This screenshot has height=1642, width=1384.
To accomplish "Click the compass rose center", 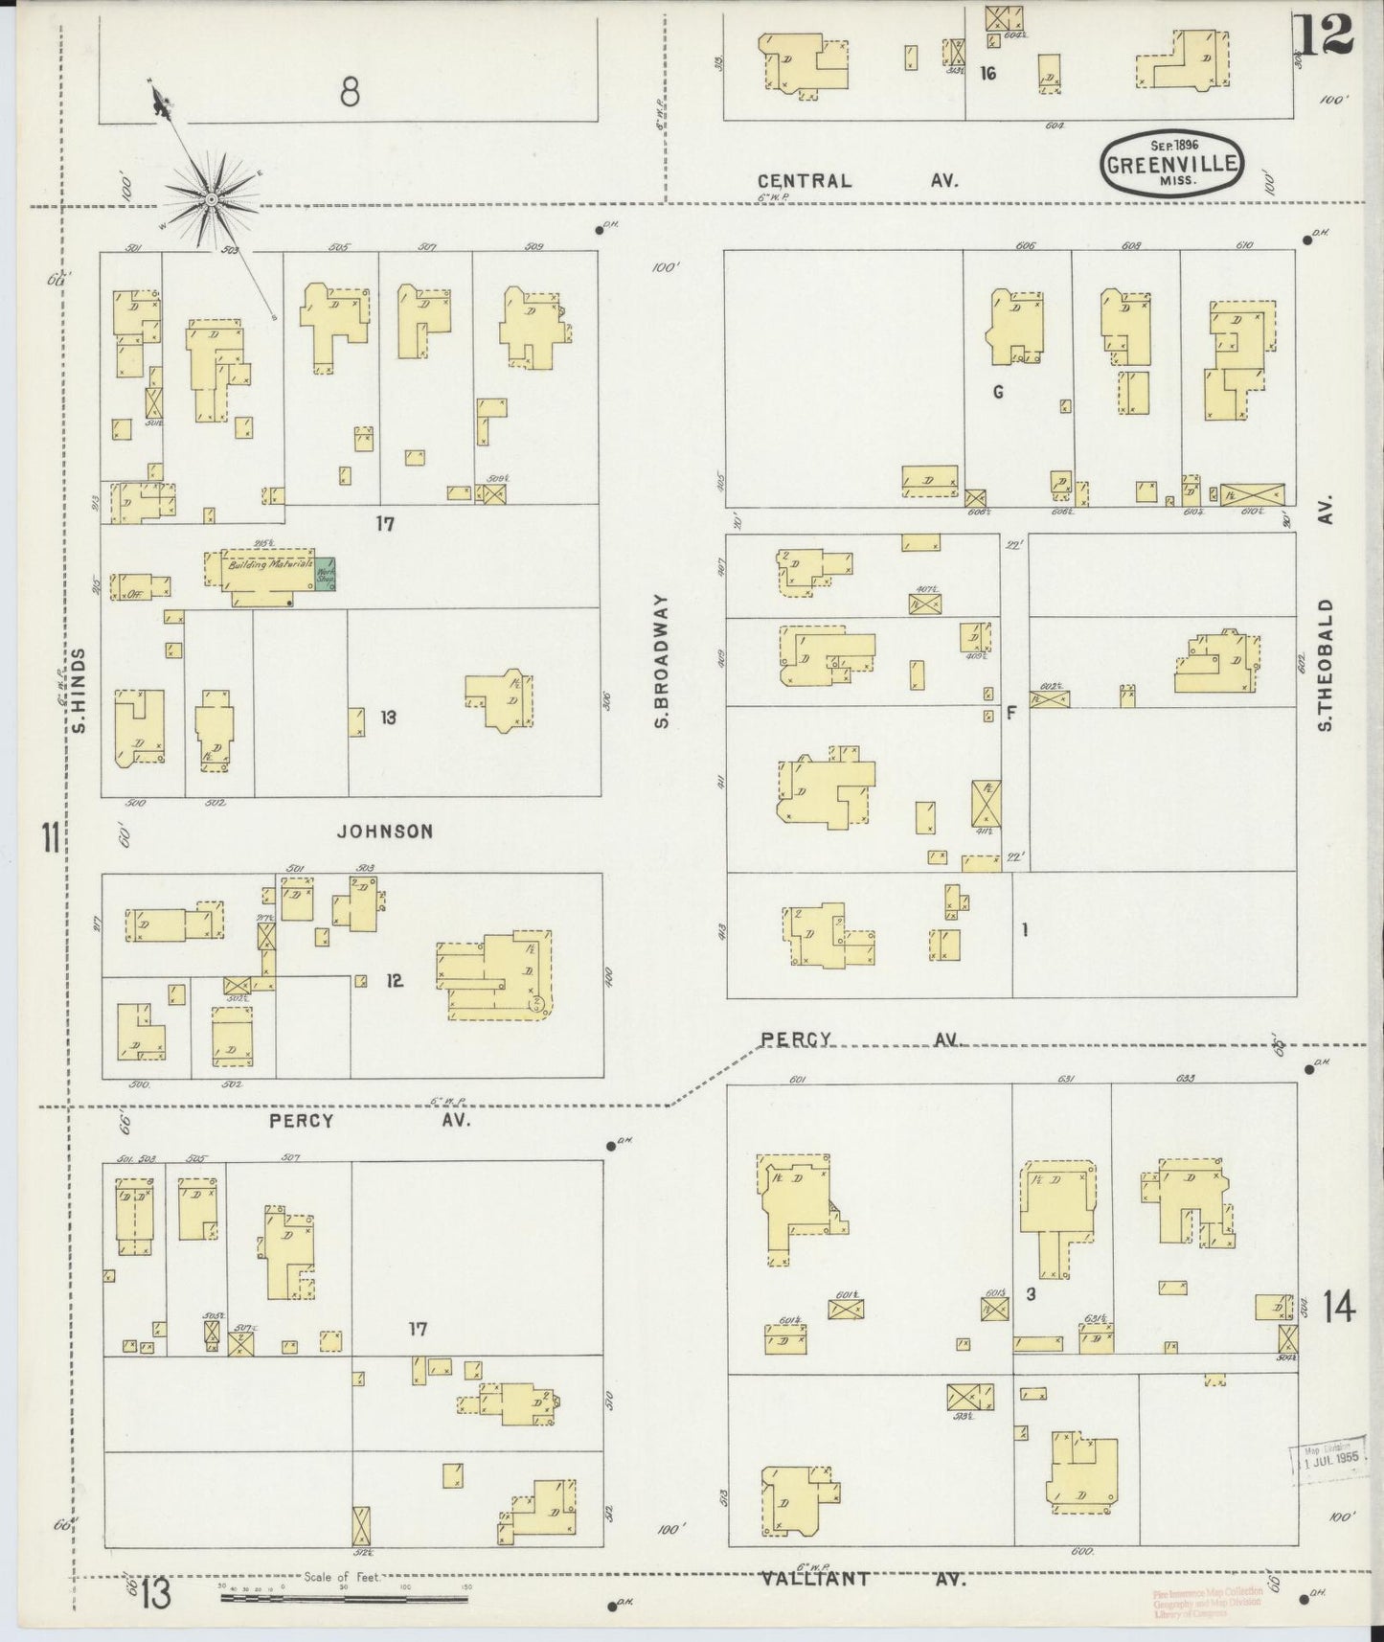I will [x=210, y=198].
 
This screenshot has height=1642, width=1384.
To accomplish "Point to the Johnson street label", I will [x=384, y=832].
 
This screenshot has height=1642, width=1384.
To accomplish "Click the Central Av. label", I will [x=855, y=180].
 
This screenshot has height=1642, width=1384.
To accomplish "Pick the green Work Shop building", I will [x=327, y=574].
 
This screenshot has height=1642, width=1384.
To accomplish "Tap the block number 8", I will [x=350, y=93].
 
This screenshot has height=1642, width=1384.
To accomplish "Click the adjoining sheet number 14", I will [x=1339, y=1306].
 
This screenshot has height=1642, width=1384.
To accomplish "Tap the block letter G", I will [x=998, y=392].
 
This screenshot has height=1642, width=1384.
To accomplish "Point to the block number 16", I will [x=987, y=72].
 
